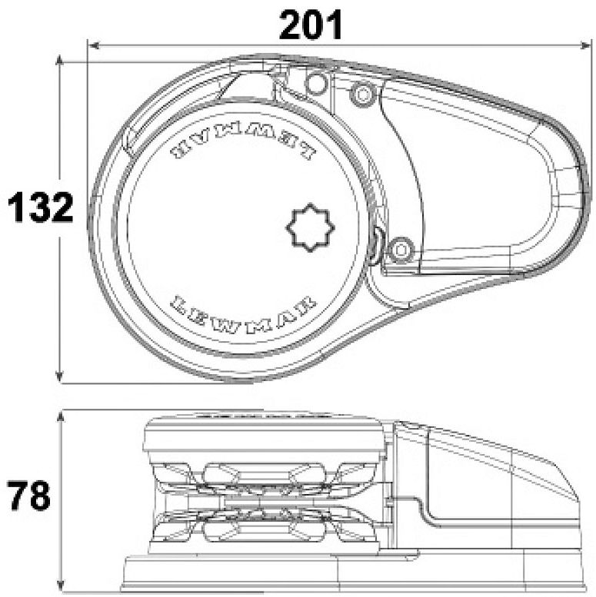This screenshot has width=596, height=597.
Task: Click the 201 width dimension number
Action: (x=311, y=25)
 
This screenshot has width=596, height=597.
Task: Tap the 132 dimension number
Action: (x=41, y=207)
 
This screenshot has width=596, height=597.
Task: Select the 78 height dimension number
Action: (x=28, y=496)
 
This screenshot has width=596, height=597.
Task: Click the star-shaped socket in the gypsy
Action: (x=310, y=227)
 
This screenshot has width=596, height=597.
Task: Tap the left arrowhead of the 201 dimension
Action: (x=94, y=45)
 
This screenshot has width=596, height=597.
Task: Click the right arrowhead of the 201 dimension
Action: (x=585, y=45)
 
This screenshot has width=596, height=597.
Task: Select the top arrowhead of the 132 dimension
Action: (x=59, y=61)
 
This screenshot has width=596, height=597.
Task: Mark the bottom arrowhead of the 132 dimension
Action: (x=59, y=376)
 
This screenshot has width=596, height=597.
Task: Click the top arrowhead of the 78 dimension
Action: (x=60, y=417)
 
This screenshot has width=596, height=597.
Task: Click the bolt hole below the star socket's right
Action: (x=400, y=250)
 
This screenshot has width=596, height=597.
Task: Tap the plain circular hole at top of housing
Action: (x=316, y=83)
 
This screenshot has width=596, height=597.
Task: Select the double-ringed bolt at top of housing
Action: (x=363, y=93)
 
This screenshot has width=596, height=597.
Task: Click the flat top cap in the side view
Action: (x=264, y=435)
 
